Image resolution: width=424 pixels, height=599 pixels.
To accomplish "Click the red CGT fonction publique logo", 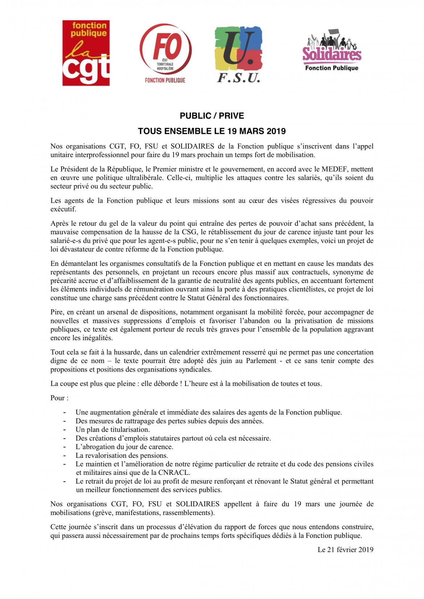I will pos(86,53).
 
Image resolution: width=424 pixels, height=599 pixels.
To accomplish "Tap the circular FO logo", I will pos(166,50).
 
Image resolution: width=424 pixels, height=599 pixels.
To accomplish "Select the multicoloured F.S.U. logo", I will pos(238,54).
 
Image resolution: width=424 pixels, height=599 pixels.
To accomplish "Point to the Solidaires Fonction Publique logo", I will pos(332,51).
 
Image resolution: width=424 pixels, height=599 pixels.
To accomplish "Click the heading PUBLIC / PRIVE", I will pos(212,116).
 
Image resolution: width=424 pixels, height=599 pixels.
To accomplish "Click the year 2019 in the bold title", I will pos(276,131).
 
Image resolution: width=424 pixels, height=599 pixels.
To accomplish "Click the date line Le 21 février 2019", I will pos(345,549).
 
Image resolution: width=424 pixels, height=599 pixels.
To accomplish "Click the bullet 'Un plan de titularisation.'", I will pos(112,430).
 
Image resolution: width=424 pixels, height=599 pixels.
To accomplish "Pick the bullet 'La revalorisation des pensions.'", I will pos(122,455).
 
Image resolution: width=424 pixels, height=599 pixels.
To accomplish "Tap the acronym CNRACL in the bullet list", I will pos(174,472).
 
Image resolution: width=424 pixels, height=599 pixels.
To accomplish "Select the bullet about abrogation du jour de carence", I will pos(124,447).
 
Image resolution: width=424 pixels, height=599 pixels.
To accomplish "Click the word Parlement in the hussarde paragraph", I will pos(261,361).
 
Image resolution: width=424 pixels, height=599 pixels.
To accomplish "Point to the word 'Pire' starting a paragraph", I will pos(57,312).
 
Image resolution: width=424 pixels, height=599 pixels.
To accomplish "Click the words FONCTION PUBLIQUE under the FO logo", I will pos(165,80).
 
